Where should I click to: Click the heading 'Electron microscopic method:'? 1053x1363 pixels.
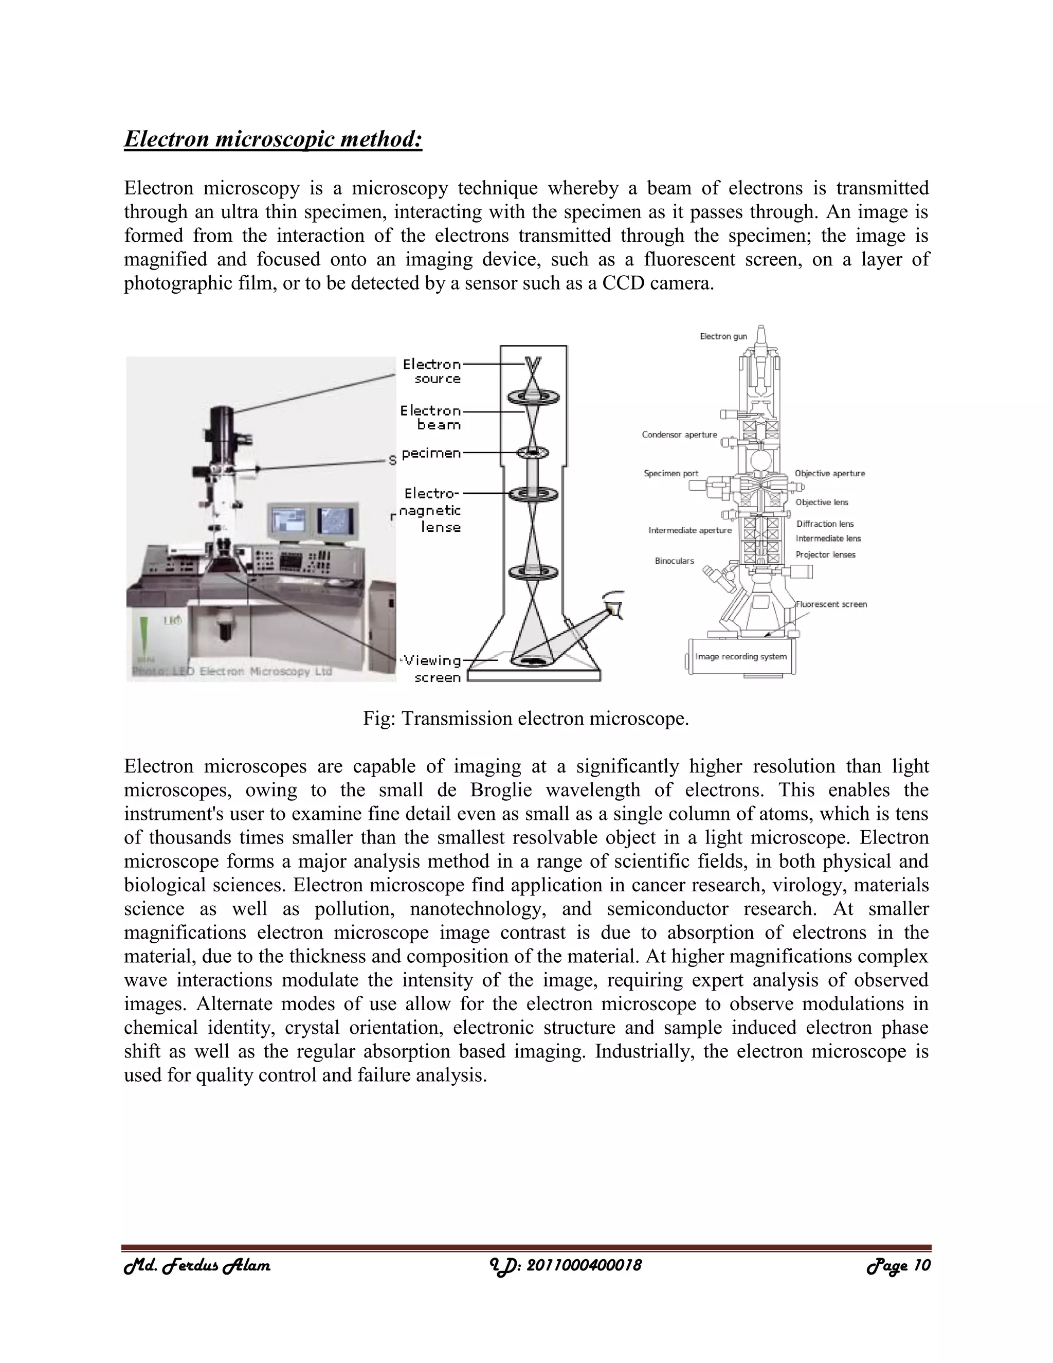pos(273,138)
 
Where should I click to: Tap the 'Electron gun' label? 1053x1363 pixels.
pos(723,336)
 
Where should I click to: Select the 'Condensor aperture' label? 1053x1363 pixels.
pos(679,435)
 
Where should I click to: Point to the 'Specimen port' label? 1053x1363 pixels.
pos(670,473)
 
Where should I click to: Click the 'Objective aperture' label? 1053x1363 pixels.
pos(830,473)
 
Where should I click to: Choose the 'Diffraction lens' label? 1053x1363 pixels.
pos(825,524)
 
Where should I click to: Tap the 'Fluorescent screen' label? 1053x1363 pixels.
pos(831,604)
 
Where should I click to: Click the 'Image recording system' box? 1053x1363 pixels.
pos(740,656)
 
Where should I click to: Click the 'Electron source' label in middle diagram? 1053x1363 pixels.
pos(432,371)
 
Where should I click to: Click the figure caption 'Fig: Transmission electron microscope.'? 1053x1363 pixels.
pos(525,719)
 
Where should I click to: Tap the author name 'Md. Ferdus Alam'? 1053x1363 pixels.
pos(197,1266)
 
